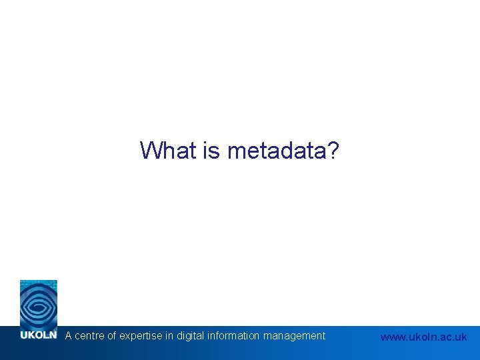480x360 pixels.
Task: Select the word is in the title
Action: pyautogui.click(x=212, y=151)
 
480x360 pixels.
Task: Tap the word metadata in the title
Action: pyautogui.click(x=275, y=151)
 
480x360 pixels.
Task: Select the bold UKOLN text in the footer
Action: pyautogui.click(x=39, y=335)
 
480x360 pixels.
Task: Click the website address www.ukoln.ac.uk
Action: pyautogui.click(x=423, y=337)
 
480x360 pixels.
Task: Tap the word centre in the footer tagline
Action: pyautogui.click(x=89, y=336)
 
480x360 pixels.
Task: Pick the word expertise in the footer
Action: pyautogui.click(x=141, y=336)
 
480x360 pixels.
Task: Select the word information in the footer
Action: pyautogui.click(x=233, y=336)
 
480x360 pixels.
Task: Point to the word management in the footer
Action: pyautogui.click(x=294, y=336)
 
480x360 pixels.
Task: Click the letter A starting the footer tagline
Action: pyautogui.click(x=68, y=336)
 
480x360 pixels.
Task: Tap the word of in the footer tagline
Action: pyautogui.click(x=111, y=336)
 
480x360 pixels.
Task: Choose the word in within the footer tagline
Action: pyautogui.click(x=169, y=336)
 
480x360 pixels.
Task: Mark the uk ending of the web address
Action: pyautogui.click(x=461, y=337)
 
